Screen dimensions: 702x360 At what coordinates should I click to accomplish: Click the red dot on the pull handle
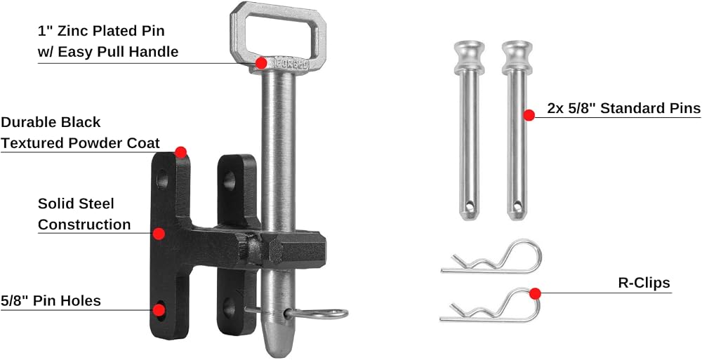tap(261, 63)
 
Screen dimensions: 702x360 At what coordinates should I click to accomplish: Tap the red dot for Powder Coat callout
tap(180, 152)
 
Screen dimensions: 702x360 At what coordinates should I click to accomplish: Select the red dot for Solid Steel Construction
tap(159, 233)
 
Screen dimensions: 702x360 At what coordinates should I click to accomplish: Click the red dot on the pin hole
tap(159, 310)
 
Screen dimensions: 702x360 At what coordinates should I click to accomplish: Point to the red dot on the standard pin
tap(529, 115)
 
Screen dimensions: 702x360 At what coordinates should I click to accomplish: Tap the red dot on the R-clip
tap(534, 294)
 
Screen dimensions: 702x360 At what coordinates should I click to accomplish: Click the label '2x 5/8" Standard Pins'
tap(623, 108)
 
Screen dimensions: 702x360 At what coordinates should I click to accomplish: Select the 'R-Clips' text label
tap(644, 283)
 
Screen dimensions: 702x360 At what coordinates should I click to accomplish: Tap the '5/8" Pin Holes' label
tap(51, 300)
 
